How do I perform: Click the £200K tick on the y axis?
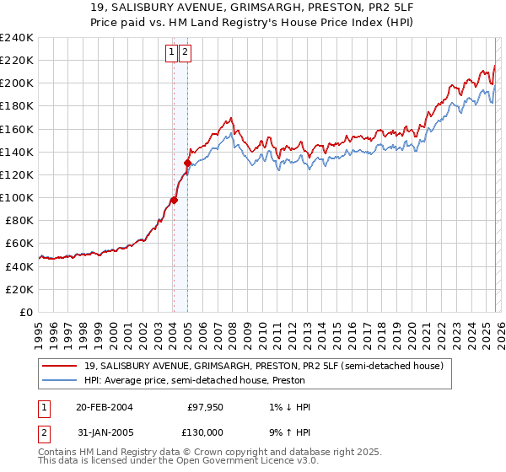coord(17,83)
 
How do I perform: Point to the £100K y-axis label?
coord(17,197)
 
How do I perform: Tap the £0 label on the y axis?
coord(25,312)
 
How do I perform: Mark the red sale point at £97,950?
coord(174,200)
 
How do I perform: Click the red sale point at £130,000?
coord(187,163)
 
